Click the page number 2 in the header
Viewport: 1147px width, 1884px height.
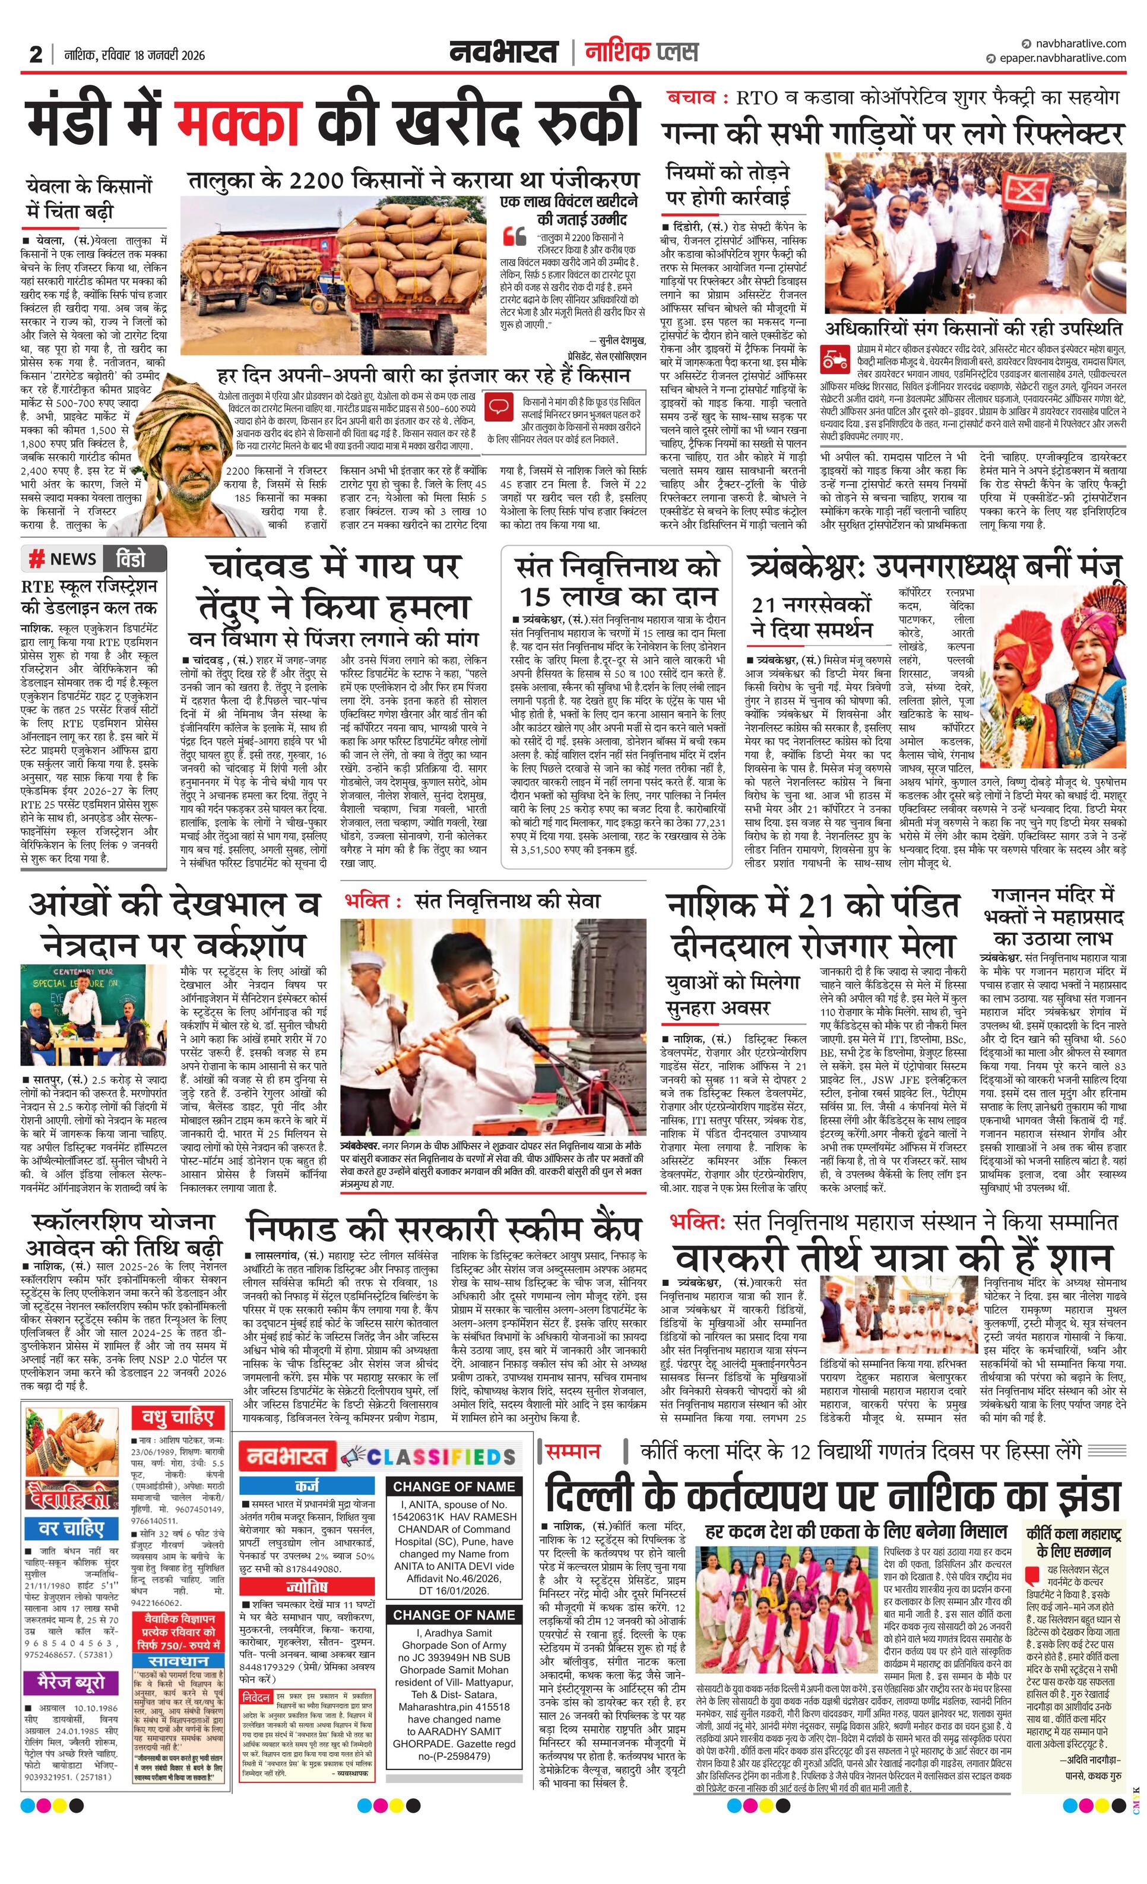[x=35, y=54]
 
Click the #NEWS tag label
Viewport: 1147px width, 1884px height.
[x=63, y=559]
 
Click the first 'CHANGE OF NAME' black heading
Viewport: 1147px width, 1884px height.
[x=454, y=1487]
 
